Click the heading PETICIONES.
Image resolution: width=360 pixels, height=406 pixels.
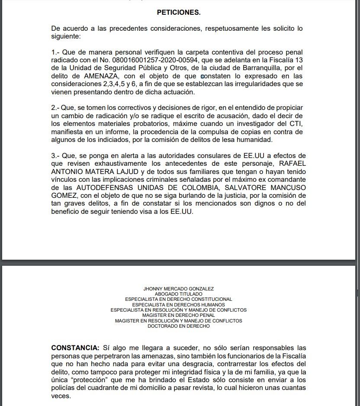click(x=179, y=13)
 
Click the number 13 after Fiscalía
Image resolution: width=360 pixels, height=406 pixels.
click(x=299, y=60)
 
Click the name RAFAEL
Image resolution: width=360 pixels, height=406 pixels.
click(x=291, y=163)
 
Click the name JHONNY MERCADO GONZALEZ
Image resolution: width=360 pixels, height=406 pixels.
click(x=178, y=289)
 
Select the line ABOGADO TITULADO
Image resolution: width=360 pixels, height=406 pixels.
click(x=178, y=294)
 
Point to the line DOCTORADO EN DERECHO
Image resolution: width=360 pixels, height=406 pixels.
click(x=178, y=326)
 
